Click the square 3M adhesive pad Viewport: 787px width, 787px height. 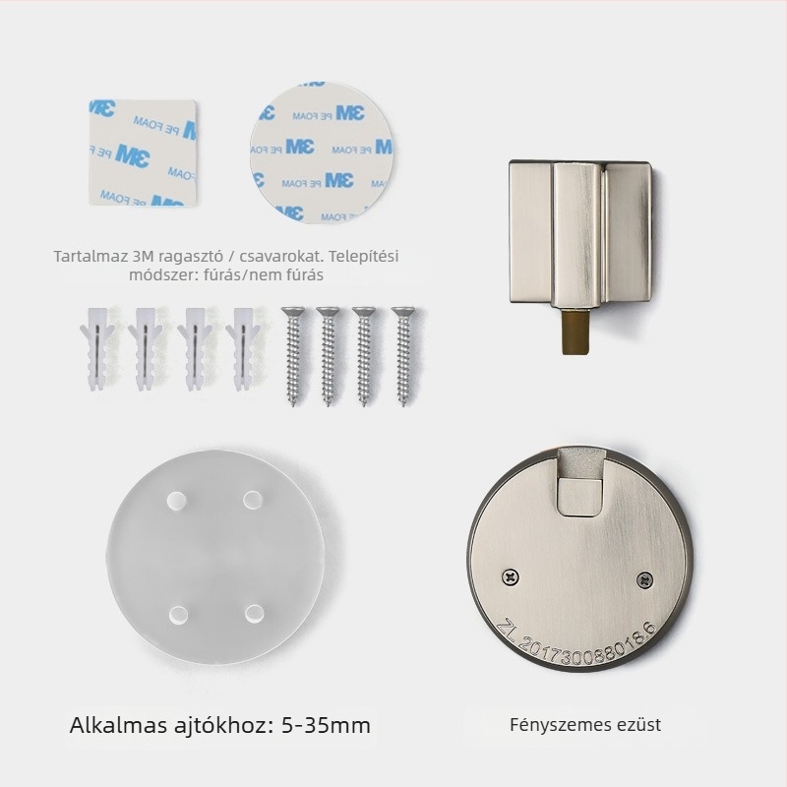(143, 152)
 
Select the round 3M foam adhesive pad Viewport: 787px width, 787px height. (322, 152)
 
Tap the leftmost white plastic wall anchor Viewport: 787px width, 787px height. (95, 348)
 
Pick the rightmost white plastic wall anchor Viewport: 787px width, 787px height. (242, 348)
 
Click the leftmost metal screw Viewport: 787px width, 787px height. (291, 355)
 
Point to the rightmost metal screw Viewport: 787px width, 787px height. (403, 355)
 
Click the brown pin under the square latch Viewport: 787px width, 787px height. (575, 333)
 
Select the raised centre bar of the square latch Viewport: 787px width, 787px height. (577, 234)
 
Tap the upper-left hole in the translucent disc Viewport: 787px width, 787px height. (177, 501)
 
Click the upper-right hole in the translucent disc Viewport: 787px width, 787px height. (253, 500)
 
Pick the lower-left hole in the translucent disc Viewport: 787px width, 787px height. (178, 615)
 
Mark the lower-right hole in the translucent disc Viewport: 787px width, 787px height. (255, 613)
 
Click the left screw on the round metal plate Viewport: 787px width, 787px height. (511, 577)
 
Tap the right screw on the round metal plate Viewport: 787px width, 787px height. (645, 580)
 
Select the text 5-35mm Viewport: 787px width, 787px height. (326, 725)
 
